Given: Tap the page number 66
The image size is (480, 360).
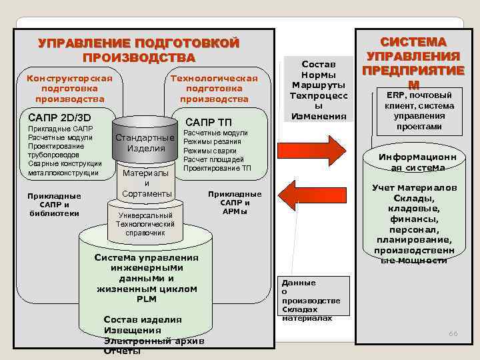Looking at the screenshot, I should tap(453, 333).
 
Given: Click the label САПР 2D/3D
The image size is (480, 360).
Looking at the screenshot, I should tap(57, 117).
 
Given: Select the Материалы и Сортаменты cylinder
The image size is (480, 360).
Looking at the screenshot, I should tap(147, 183).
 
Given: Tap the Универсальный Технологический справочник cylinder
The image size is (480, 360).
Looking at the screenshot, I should tap(145, 225).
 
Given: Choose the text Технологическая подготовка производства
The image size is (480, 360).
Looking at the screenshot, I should tap(214, 89).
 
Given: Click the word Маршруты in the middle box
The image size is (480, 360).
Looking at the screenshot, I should tap(319, 85).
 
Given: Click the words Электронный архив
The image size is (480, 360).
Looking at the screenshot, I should tap(154, 341).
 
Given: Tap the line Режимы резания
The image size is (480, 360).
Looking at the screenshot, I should tap(213, 141).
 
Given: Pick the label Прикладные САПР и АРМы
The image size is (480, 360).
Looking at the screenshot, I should tap(234, 203).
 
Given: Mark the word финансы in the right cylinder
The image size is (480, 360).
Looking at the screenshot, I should tap(414, 218).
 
